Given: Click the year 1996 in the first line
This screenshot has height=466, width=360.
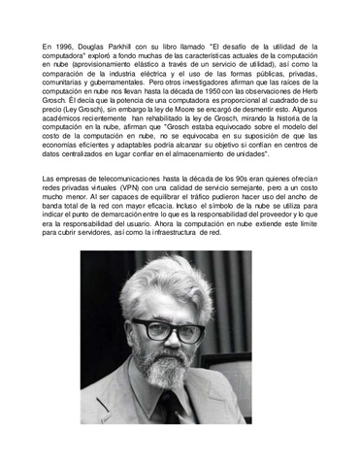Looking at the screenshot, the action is [71, 47].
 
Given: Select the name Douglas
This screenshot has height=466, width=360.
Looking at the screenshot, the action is [106, 47].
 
